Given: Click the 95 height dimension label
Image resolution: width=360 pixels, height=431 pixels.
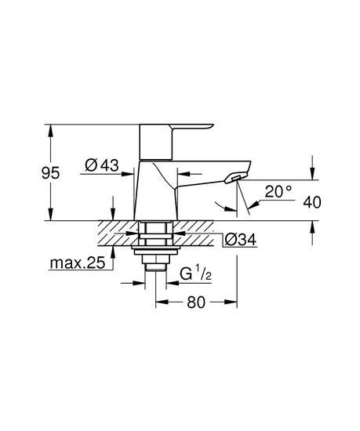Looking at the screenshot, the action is tap(51, 173).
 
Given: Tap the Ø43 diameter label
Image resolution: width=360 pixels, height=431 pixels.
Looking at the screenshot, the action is tap(102, 165).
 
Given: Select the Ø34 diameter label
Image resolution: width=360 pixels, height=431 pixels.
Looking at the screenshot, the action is tap(241, 240).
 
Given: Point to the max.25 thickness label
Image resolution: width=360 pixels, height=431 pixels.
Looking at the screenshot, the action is tap(78, 263).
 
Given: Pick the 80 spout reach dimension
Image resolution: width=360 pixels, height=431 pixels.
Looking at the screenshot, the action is tap(196, 302).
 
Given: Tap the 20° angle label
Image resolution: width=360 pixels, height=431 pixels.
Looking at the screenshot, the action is tap(278, 191).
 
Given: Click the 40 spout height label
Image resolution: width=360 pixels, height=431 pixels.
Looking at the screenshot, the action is tap(312, 203).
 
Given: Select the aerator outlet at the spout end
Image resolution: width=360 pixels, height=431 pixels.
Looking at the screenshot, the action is tap(235, 179).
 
